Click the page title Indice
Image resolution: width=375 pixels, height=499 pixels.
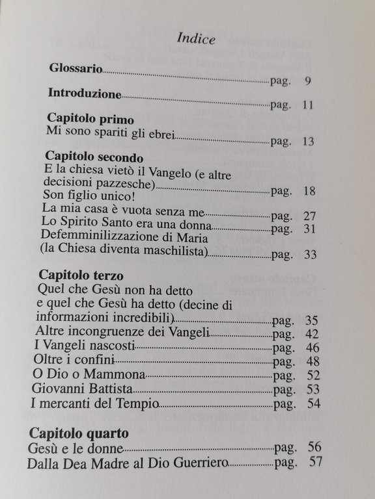(197, 38)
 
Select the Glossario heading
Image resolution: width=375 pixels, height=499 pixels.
(76, 68)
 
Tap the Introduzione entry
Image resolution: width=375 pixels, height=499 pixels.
(85, 93)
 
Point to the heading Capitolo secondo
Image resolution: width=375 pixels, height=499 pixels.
(95, 157)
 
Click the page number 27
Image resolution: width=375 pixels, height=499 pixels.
(310, 215)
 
